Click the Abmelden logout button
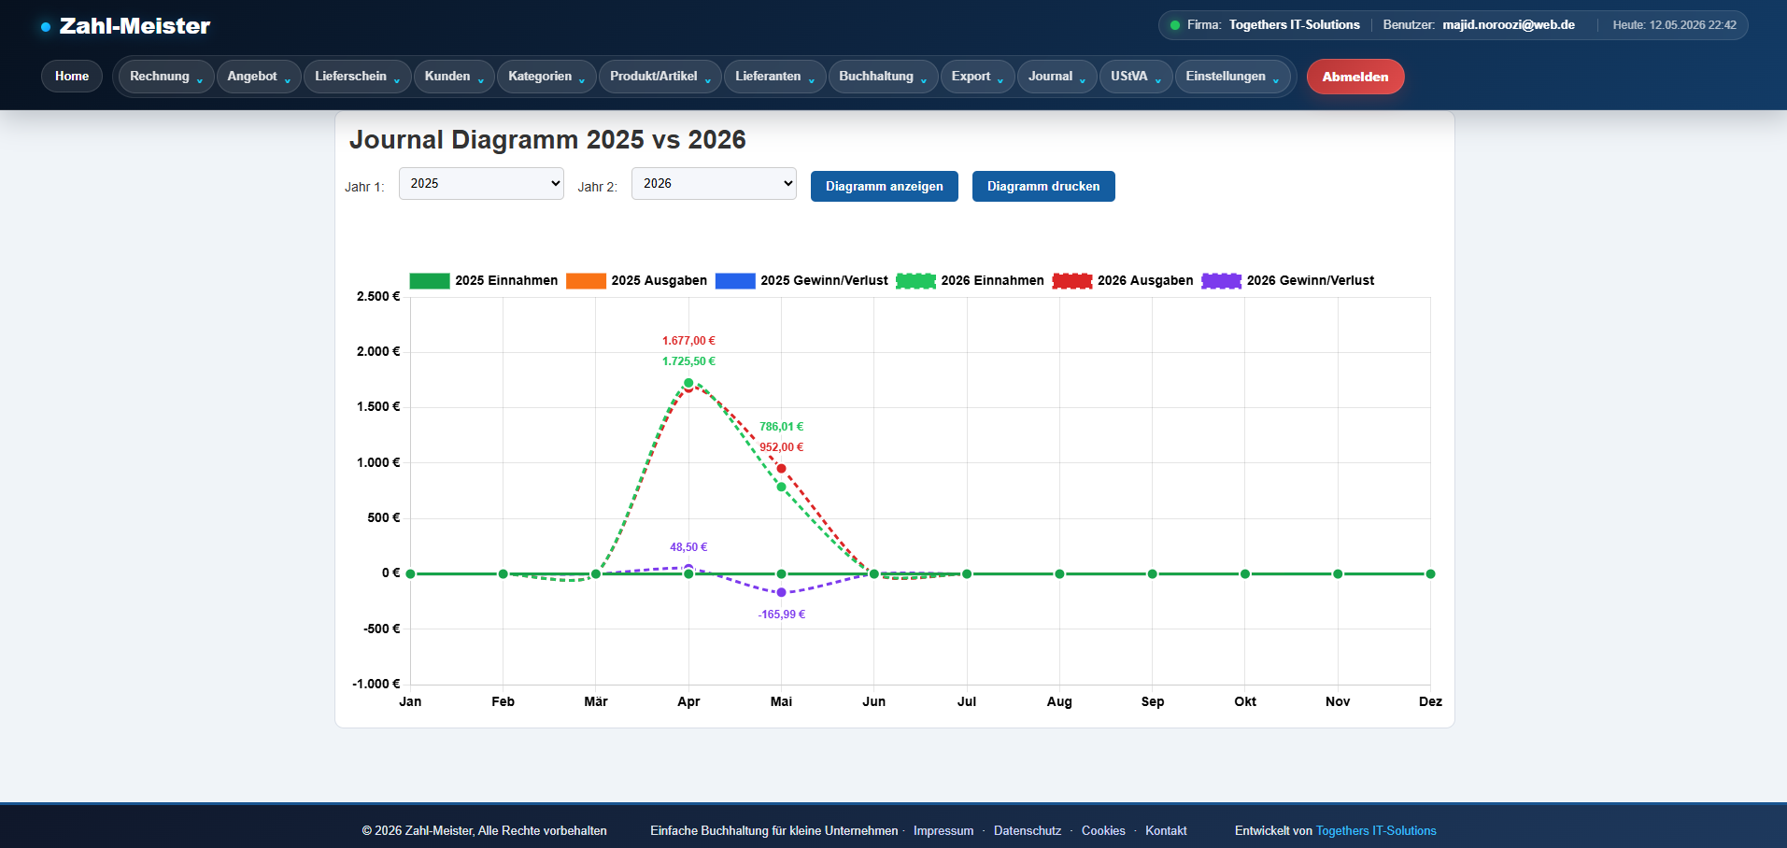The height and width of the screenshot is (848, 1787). click(1354, 77)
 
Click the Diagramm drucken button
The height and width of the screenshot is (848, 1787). click(1043, 186)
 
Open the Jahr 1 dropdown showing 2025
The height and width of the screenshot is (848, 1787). click(481, 184)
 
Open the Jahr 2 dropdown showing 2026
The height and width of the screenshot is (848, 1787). click(714, 184)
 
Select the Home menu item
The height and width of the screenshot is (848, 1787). click(72, 77)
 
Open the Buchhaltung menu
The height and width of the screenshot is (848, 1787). click(883, 77)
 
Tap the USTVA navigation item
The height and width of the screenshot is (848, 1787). click(1135, 77)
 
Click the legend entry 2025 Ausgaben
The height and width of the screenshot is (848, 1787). click(636, 280)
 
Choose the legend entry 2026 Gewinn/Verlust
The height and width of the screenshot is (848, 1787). click(1287, 280)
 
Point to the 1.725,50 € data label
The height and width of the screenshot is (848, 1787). click(688, 361)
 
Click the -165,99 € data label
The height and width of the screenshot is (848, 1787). click(781, 615)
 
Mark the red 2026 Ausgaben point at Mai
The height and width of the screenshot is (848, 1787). click(782, 469)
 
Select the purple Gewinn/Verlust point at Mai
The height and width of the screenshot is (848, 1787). click(782, 592)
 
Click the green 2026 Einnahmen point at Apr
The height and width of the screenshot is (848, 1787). click(688, 383)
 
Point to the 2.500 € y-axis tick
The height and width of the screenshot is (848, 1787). click(378, 296)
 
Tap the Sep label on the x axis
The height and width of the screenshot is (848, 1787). click(1153, 701)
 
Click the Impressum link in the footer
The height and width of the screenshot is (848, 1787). click(943, 831)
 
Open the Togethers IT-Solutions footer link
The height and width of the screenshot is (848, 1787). click(1376, 831)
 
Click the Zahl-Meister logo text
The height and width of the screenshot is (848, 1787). click(135, 26)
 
